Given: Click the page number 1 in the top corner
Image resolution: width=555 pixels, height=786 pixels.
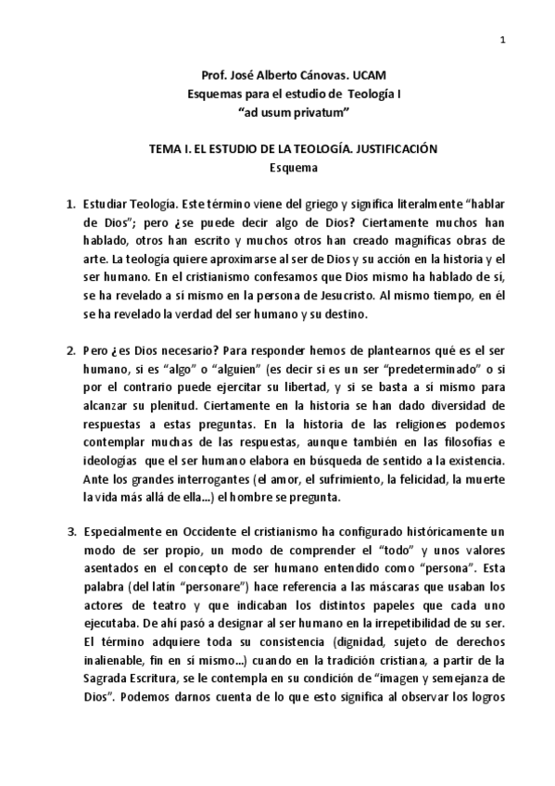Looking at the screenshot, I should pos(501,39).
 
